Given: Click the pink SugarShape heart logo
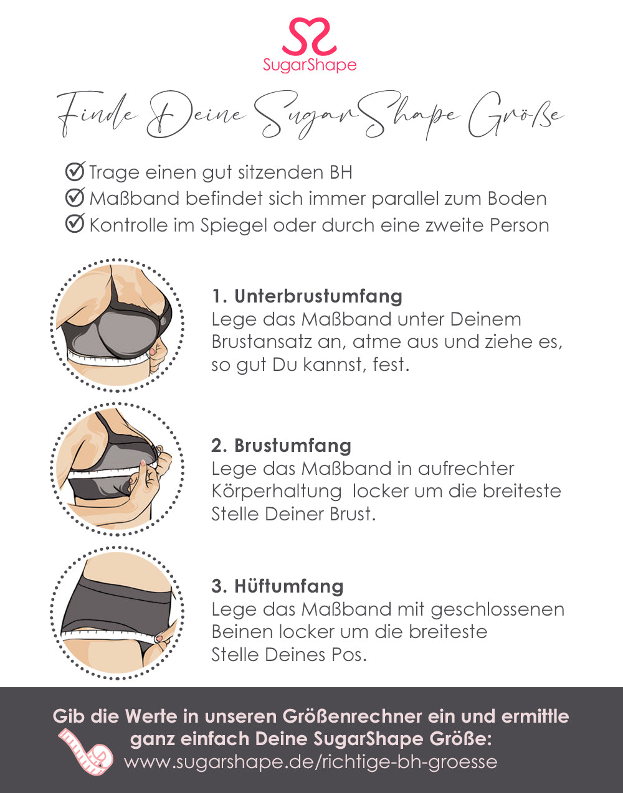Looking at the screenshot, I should (x=310, y=37).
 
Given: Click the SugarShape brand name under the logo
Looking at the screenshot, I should (x=310, y=65).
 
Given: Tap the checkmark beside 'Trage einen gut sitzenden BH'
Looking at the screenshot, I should (x=75, y=171).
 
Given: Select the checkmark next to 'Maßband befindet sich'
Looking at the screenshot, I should (x=75, y=198).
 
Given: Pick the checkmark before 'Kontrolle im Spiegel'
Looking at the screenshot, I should (x=75, y=224).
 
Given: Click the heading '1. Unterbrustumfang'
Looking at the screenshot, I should (x=307, y=296).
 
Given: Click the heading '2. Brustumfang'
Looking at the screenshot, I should (x=281, y=446).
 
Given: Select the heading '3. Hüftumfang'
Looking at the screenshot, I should (x=277, y=586).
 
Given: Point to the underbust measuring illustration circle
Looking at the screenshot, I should (x=117, y=325).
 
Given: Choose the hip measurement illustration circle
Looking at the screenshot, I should (x=117, y=612).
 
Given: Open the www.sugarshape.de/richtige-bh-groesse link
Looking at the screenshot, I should (x=310, y=762).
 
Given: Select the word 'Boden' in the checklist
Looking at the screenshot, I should (x=516, y=199).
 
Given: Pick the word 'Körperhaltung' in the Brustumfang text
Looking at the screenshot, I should (x=276, y=491).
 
